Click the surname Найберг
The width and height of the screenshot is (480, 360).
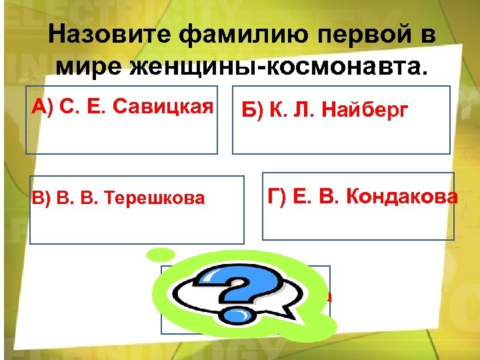(x=364, y=111)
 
